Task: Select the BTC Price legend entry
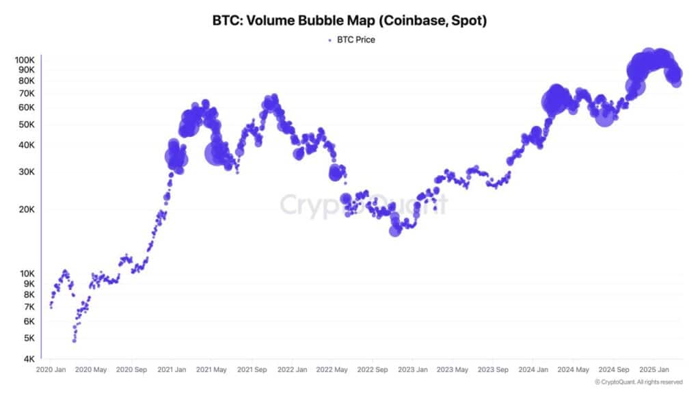(x=351, y=40)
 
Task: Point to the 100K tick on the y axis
(x=25, y=60)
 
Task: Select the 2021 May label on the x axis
(x=211, y=370)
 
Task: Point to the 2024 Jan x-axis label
(x=533, y=370)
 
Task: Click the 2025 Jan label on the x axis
(x=652, y=370)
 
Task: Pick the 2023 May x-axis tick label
(x=452, y=370)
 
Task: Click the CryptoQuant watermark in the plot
(x=364, y=205)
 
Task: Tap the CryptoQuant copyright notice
(x=638, y=382)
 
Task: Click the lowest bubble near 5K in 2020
(x=74, y=340)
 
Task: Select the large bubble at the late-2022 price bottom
(x=394, y=231)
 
